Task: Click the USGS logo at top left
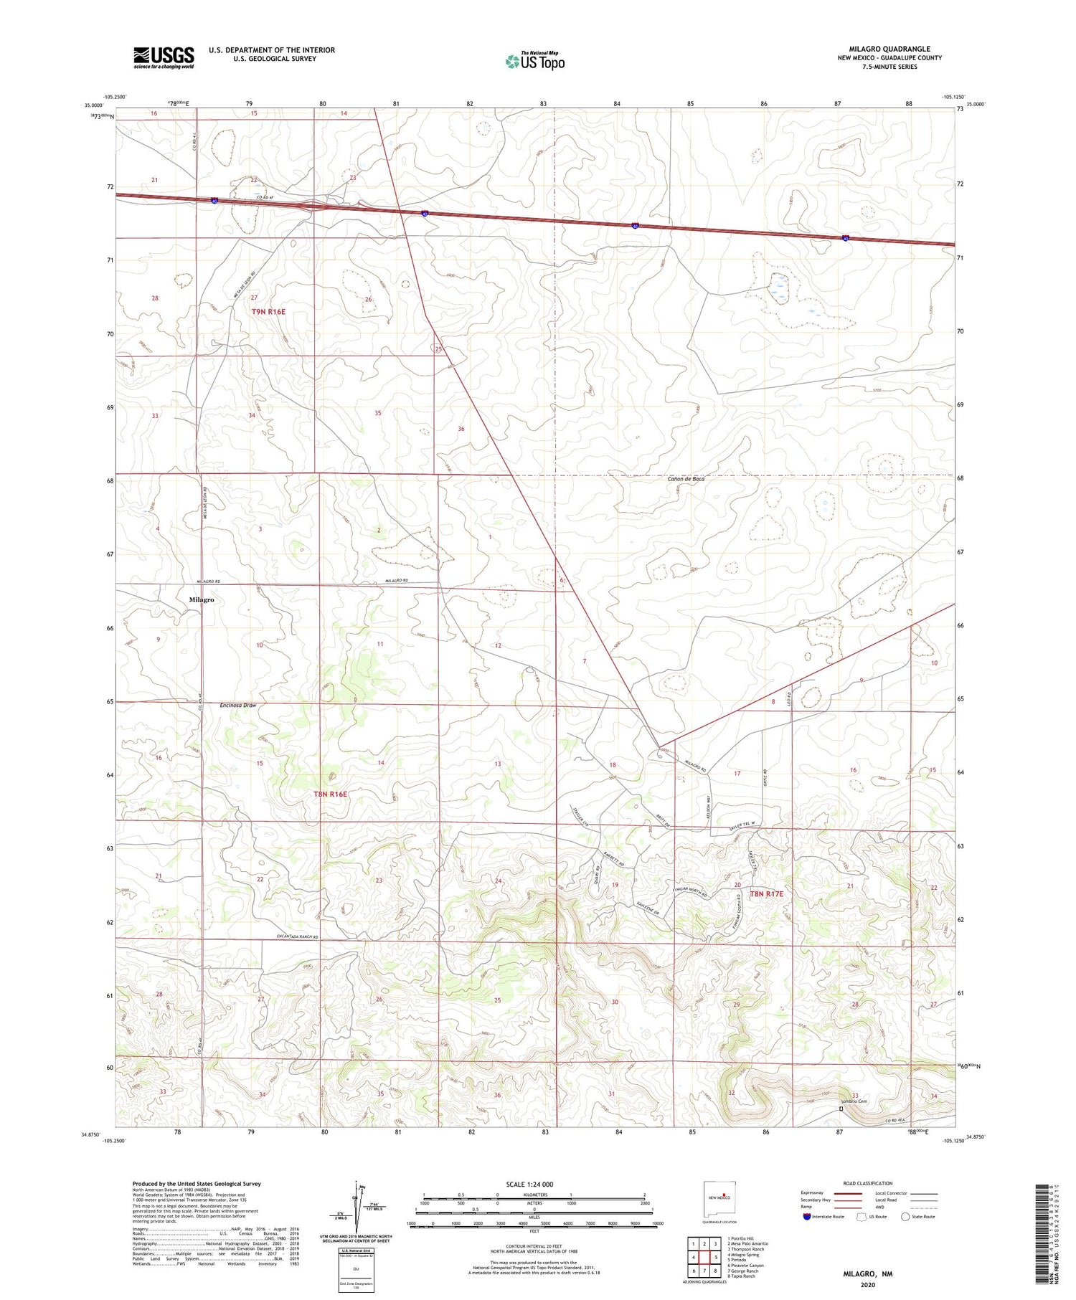click(164, 57)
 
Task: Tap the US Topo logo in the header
click(534, 62)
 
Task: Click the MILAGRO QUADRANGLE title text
click(889, 49)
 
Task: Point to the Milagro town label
click(202, 599)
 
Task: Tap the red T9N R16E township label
click(269, 311)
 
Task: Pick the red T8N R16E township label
click(330, 794)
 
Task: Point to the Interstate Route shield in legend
click(806, 1217)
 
